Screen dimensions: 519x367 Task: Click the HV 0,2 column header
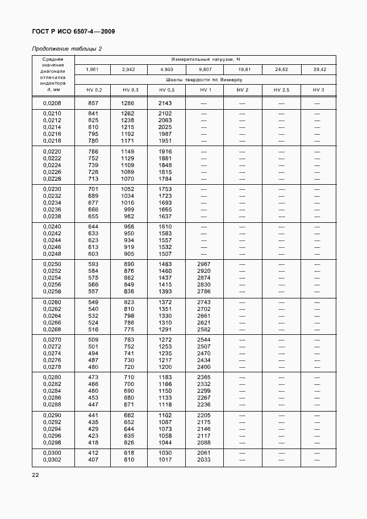click(94, 90)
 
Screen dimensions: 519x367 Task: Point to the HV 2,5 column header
click(281, 90)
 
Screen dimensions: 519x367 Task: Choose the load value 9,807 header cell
click(205, 69)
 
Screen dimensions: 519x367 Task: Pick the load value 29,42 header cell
click(318, 69)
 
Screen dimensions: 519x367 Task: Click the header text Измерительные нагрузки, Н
click(205, 59)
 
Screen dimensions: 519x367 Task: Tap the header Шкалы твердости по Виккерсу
click(205, 80)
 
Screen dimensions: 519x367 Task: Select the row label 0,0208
click(52, 103)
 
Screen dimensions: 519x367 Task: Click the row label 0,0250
click(52, 265)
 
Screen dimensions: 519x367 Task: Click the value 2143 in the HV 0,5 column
click(165, 103)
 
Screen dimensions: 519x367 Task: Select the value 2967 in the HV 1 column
click(204, 265)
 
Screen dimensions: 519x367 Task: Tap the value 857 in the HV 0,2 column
click(93, 103)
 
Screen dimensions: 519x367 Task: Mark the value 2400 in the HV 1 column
click(204, 367)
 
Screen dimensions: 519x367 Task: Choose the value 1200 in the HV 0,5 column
click(165, 367)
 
